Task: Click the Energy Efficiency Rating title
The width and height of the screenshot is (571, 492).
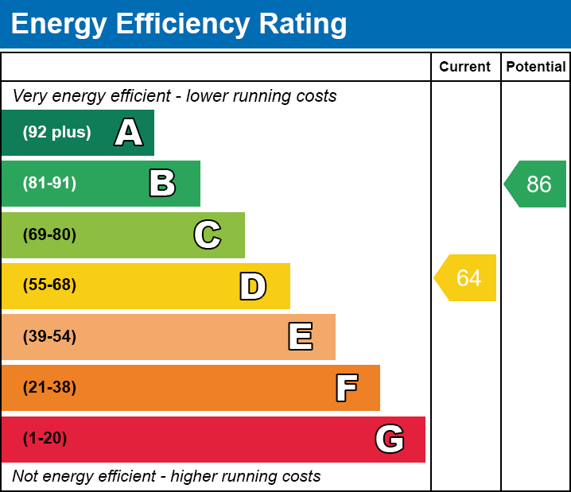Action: pos(179,24)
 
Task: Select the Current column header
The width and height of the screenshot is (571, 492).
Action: pos(465,68)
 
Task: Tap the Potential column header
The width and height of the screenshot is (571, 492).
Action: pos(536,68)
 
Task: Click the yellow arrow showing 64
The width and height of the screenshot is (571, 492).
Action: pos(467,278)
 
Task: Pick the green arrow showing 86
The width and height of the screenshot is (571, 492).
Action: pos(537,184)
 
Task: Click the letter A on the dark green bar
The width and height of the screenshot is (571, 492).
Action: pos(129,133)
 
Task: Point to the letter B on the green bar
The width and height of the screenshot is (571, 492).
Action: pos(162,184)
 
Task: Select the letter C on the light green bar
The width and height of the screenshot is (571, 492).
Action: pos(208,234)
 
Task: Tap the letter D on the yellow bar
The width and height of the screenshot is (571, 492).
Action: pos(253,286)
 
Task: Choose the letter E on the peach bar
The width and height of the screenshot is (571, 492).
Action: pos(300,337)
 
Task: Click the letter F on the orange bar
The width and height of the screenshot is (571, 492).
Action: pos(346,388)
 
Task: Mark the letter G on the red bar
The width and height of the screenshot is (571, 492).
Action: pos(390,439)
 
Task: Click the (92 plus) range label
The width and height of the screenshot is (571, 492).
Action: pos(56,133)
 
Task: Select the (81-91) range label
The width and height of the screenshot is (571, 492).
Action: pos(49,184)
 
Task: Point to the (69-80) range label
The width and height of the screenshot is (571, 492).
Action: pos(49,234)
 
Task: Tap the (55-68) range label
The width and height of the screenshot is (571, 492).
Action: pos(49,285)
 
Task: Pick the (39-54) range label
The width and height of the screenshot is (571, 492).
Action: pos(49,337)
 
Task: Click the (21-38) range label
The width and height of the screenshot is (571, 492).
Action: pos(49,388)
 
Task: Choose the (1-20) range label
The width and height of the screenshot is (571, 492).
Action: pos(45,439)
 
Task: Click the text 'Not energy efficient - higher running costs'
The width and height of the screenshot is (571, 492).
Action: pos(166,476)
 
